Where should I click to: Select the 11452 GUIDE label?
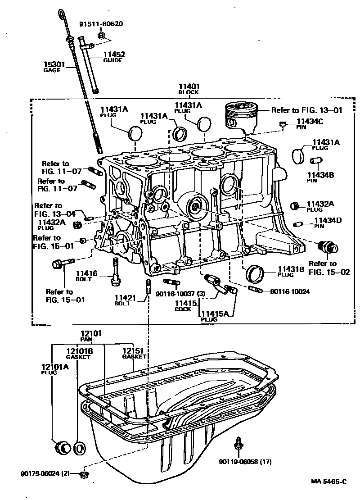coord(112,57)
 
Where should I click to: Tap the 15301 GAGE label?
coord(55,67)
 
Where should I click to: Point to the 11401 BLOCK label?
coord(189,89)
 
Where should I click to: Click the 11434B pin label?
coord(320,177)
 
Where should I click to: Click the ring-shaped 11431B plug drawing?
coord(255,273)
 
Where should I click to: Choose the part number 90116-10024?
coord(290,291)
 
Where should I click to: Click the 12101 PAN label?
coord(91,336)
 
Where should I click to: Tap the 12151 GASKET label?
coord(134,353)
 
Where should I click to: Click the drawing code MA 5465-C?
coord(328,482)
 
